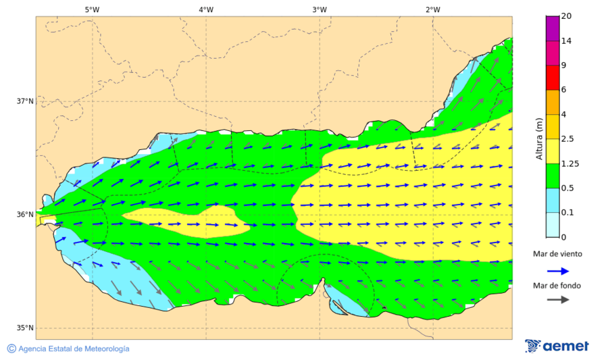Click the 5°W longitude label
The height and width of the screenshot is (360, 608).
click(92, 9)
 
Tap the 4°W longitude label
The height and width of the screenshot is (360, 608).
click(206, 9)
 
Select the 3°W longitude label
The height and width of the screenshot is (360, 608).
click(320, 9)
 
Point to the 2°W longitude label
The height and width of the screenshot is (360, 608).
click(433, 9)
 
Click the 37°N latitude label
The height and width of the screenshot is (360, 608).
click(25, 101)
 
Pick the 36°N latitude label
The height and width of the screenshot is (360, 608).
click(25, 215)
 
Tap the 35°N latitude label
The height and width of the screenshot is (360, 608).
click(25, 328)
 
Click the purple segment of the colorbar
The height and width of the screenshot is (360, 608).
click(553, 28)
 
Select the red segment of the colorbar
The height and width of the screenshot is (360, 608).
click(553, 78)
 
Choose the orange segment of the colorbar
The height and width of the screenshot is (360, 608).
click(553, 102)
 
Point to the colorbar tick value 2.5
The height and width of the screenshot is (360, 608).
click(569, 139)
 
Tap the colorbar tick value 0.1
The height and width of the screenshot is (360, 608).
click(569, 212)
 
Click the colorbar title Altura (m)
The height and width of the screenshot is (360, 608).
click(539, 138)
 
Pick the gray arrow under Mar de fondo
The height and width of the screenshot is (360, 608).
click(557, 300)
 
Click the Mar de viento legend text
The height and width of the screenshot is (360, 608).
click(557, 254)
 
